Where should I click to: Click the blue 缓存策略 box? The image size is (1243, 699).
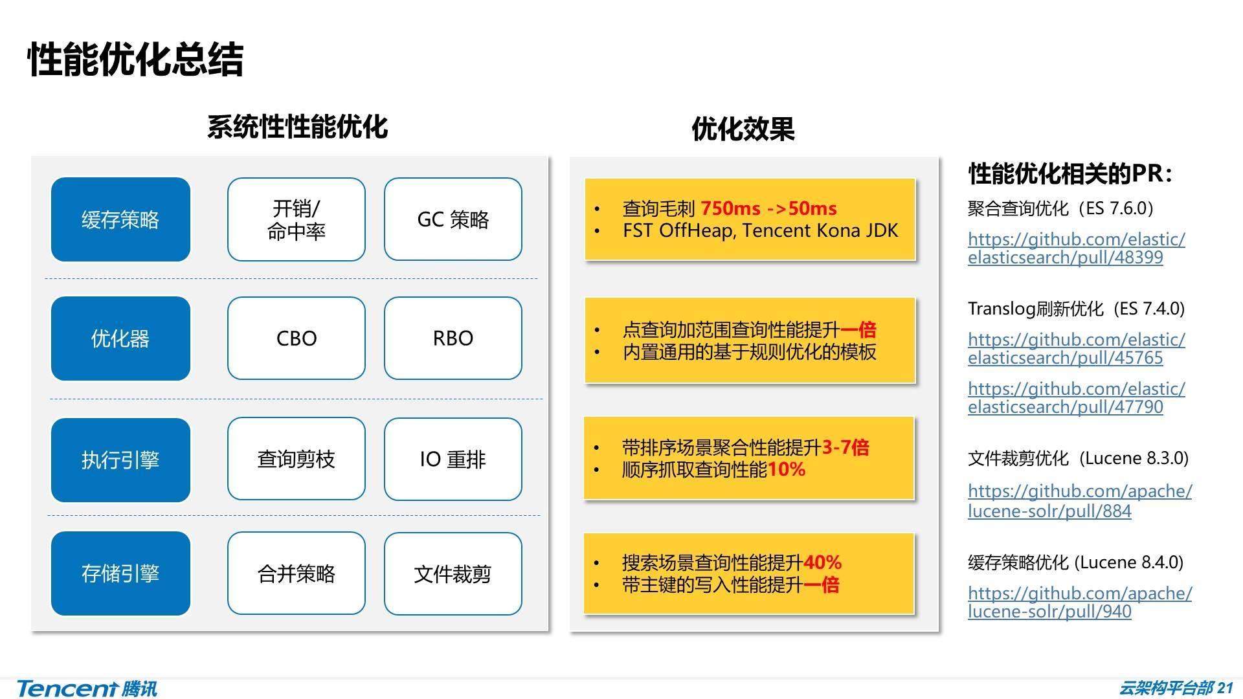pyautogui.click(x=120, y=219)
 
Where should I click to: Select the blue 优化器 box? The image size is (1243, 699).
pyautogui.click(x=120, y=338)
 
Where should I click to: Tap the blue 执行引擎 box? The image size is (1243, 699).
pyautogui.click(x=120, y=460)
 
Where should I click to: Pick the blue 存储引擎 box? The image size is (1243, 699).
pyautogui.click(x=120, y=573)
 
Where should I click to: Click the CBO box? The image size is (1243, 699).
pyautogui.click(x=296, y=338)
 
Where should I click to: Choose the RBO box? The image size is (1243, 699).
pyautogui.click(x=453, y=338)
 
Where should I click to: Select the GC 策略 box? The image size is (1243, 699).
pyautogui.click(x=453, y=219)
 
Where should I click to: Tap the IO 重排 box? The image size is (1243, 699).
pyautogui.click(x=453, y=460)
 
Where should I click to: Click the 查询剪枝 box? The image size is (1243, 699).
pyautogui.click(x=296, y=460)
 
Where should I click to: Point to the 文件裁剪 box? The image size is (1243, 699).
pyautogui.click(x=453, y=574)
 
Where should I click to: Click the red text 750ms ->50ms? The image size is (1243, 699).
pyautogui.click(x=768, y=208)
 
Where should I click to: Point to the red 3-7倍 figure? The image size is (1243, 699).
pyautogui.click(x=845, y=447)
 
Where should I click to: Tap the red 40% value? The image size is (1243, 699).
pyautogui.click(x=822, y=562)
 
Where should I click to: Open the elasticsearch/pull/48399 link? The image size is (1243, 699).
pyautogui.click(x=1076, y=249)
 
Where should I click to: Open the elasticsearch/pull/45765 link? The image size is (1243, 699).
pyautogui.click(x=1076, y=349)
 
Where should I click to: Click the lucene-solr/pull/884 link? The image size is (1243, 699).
pyautogui.click(x=1079, y=501)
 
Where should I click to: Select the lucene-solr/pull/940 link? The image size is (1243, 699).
pyautogui.click(x=1079, y=603)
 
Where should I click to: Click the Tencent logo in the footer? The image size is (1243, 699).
pyautogui.click(x=87, y=689)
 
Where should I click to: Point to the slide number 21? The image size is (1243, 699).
pyautogui.click(x=1226, y=688)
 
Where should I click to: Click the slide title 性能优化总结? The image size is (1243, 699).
pyautogui.click(x=135, y=60)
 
